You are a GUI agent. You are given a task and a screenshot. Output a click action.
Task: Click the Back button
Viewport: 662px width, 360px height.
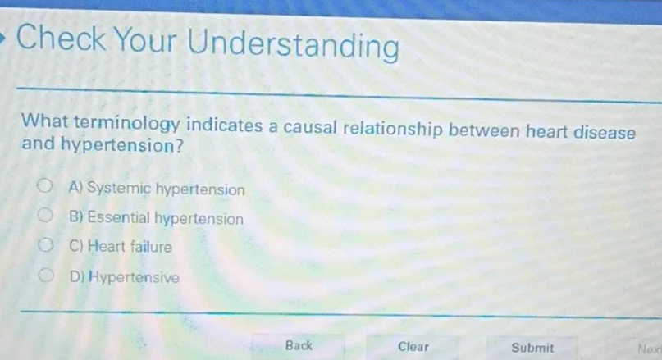click(x=299, y=346)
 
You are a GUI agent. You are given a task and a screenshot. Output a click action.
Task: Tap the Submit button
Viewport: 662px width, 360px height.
click(x=532, y=348)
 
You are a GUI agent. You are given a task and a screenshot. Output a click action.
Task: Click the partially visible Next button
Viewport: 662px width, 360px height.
click(x=649, y=349)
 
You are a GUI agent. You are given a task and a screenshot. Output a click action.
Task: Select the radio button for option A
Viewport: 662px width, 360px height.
click(x=49, y=188)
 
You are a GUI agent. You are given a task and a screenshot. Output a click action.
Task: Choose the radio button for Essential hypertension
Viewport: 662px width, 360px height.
click(x=50, y=217)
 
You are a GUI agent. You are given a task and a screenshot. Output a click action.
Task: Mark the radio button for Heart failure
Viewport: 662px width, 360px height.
click(x=50, y=245)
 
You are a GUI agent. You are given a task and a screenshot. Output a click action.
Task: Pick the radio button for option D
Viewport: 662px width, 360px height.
click(x=50, y=276)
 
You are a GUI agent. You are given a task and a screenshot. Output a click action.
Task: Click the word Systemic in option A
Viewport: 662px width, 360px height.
click(x=119, y=189)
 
